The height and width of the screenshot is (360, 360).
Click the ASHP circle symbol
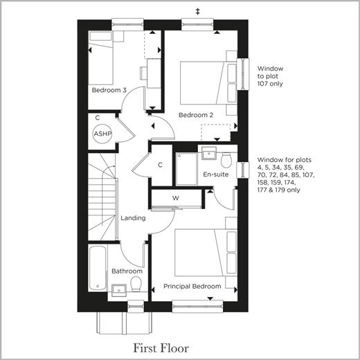102,134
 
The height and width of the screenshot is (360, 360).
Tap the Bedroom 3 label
109,90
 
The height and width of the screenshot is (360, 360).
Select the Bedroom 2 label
196,115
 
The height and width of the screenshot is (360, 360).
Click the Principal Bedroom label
192,287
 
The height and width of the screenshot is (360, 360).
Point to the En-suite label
216,174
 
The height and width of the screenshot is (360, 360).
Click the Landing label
133,218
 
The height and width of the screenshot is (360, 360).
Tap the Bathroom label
127,271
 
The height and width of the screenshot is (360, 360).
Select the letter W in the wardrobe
176,198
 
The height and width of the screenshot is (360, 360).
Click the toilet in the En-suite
226,161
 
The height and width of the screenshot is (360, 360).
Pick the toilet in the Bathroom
136,284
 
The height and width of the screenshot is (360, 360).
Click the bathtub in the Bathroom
98,269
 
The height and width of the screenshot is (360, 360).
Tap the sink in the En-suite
209,153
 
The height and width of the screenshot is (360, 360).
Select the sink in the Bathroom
119,290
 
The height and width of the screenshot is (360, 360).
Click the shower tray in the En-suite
186,169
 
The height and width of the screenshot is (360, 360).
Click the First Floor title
161,348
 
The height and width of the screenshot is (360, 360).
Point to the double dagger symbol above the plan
197,12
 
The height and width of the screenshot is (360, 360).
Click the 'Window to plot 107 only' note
270,76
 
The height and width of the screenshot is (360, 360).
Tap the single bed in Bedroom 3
101,58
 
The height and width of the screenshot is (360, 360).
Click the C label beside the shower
160,165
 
